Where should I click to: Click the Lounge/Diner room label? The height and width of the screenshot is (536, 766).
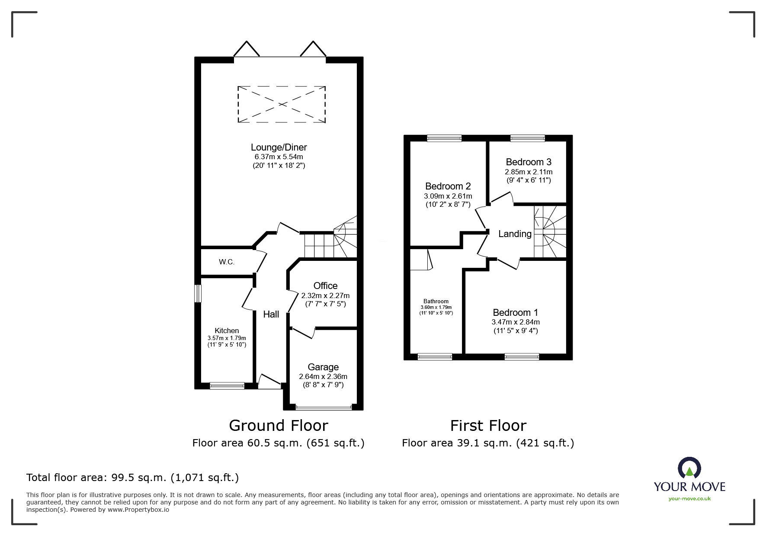[x=279, y=148]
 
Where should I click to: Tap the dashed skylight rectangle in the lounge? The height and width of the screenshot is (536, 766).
[x=282, y=104]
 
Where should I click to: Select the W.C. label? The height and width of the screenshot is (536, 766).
[x=227, y=262]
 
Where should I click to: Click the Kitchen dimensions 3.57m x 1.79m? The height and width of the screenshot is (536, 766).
[x=227, y=338]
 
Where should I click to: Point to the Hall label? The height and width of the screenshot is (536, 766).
[x=271, y=315]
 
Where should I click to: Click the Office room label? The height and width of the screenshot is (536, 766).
[x=325, y=286]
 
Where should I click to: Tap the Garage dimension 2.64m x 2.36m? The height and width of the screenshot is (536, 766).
[x=323, y=376]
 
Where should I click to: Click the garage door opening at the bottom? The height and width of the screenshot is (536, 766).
[x=324, y=407]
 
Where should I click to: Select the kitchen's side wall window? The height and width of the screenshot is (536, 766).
[x=198, y=294]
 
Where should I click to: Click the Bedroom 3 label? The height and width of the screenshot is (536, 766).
[x=529, y=162]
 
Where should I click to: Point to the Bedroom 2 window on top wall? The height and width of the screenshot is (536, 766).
[x=444, y=138]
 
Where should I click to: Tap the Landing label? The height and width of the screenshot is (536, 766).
[x=515, y=234]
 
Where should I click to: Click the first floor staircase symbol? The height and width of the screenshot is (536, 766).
[x=550, y=232]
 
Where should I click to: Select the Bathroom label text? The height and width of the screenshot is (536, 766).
[x=436, y=302]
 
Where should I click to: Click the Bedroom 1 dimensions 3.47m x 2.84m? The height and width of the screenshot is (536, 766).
[x=516, y=322]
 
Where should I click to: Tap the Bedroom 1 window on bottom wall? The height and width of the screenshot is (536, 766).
[x=522, y=357]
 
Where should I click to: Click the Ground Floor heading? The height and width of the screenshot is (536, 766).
[x=279, y=426]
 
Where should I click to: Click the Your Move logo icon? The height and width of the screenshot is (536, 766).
[x=689, y=469]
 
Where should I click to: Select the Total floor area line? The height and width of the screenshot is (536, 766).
[x=132, y=478]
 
